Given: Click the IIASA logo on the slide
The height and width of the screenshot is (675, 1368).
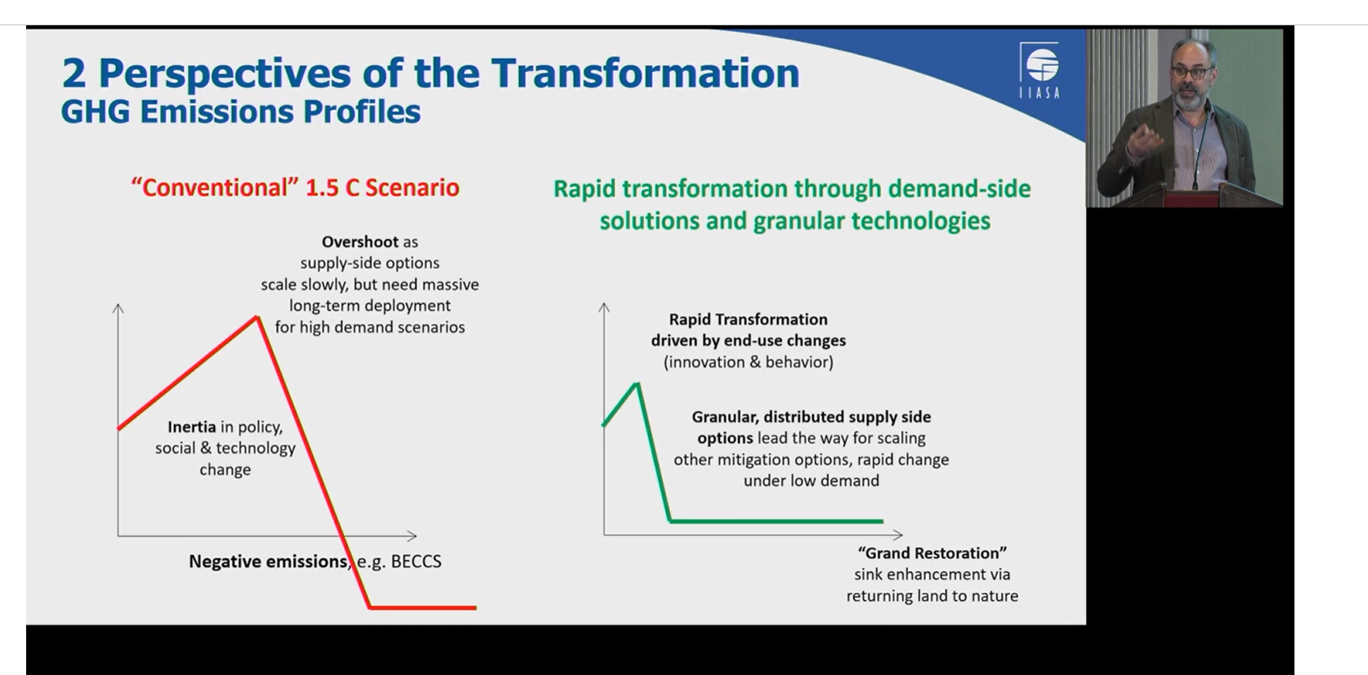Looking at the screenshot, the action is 1039,69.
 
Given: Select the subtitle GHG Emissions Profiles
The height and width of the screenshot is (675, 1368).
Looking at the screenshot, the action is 240,113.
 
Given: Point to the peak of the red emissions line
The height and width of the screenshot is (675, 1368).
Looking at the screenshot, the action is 257,317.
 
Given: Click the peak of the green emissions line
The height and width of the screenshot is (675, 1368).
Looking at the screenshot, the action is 637,383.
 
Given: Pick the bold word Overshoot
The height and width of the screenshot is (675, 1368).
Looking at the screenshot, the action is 360,242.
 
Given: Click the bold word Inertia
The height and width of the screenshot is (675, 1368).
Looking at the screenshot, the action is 191,427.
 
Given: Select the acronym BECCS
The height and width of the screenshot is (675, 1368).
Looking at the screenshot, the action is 416,561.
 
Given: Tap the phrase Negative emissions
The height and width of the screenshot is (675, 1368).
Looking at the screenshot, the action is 268,561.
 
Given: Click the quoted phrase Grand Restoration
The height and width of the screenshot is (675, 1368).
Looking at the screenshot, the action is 932,552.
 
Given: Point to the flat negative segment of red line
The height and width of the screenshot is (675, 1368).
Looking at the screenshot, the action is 423,608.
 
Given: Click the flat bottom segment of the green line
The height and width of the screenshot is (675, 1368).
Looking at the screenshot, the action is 777,521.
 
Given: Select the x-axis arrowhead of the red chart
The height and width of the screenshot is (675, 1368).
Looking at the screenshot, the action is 412,536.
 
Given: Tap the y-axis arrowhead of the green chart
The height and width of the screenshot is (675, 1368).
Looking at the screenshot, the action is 604,307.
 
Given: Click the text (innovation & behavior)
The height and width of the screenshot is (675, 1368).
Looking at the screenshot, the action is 748,362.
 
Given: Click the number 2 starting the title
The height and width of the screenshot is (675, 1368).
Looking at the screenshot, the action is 74,74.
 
